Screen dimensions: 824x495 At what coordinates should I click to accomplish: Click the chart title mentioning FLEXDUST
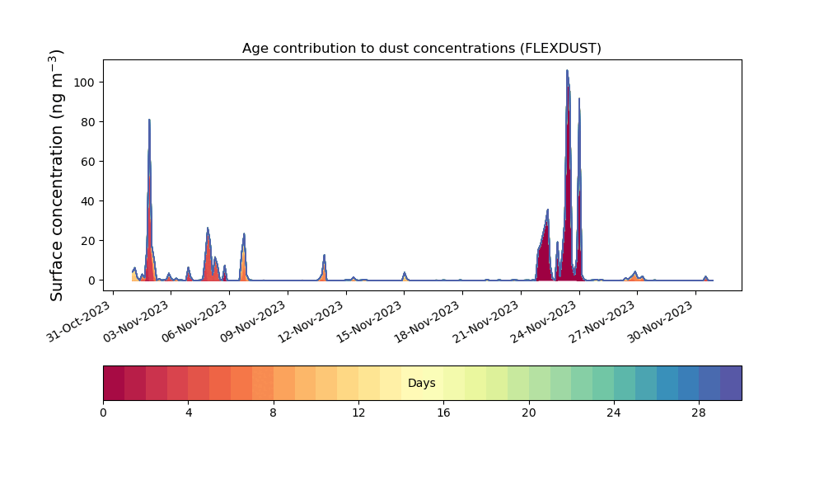pos(421,49)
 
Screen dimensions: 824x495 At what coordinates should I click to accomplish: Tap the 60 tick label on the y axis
pos(88,162)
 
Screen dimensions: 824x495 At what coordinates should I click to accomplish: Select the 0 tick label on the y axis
pos(92,280)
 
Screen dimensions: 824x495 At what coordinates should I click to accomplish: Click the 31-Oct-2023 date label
pos(78,322)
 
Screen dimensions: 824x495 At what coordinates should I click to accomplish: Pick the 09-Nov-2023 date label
pos(253,322)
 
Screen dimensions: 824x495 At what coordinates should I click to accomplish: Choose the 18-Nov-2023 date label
pos(427,322)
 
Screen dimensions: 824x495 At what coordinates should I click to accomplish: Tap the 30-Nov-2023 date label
pos(660,322)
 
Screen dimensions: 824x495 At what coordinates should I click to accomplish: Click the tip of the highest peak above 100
pos(567,70)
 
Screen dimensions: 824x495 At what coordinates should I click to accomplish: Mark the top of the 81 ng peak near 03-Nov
pos(149,120)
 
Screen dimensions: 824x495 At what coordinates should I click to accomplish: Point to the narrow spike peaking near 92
pos(579,99)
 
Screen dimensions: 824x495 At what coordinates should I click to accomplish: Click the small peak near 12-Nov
pos(324,255)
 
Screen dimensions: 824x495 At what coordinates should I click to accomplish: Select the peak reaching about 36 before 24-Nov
pos(548,210)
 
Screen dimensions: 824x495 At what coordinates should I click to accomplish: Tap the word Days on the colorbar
pos(421,383)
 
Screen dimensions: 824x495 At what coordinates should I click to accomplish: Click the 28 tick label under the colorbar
pos(699,413)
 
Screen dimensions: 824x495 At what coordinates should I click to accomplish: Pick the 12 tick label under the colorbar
pos(358,413)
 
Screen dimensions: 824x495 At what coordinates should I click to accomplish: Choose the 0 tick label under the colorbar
pos(104,413)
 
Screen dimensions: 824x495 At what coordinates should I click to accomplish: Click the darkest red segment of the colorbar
pos(114,383)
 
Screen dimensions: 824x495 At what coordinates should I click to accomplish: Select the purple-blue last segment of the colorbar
pos(731,383)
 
